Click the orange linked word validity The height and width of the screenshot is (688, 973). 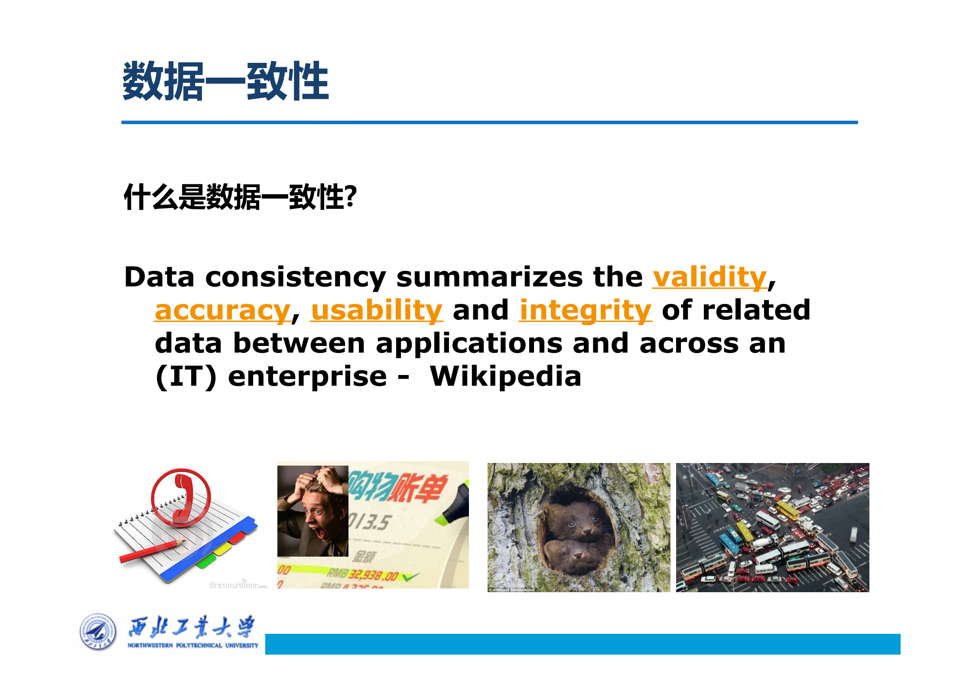click(709, 277)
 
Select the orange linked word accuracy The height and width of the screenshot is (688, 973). click(222, 310)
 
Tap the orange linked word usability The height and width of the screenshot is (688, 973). click(377, 310)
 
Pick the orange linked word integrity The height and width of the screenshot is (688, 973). click(585, 310)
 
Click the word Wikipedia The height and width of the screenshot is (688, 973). click(505, 376)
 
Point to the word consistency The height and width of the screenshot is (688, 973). click(295, 277)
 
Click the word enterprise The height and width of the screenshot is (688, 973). click(307, 376)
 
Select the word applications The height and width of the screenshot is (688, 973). click(469, 343)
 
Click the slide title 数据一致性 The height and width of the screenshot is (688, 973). click(225, 81)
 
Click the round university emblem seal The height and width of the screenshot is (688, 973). click(98, 632)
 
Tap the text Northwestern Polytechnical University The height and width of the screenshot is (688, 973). click(192, 646)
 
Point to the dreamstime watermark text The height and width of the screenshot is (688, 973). click(238, 585)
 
